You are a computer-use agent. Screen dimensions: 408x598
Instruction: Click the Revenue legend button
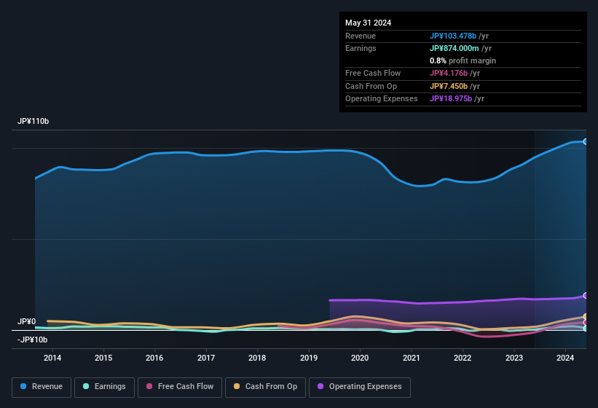point(42,387)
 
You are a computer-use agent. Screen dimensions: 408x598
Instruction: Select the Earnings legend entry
point(105,387)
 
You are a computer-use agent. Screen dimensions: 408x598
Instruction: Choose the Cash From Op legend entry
point(266,387)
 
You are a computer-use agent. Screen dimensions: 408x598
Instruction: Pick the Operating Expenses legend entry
point(360,387)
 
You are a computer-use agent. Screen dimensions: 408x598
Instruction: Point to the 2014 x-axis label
point(52,358)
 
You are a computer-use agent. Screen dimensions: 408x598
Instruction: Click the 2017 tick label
point(206,358)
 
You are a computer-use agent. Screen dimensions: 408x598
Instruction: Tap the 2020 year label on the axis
point(360,358)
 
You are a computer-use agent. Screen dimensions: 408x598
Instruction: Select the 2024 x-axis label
point(564,358)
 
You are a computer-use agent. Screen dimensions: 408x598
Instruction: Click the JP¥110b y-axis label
point(34,121)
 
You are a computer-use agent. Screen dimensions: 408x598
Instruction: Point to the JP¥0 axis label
point(26,321)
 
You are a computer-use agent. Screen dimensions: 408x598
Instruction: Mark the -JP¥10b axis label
point(32,340)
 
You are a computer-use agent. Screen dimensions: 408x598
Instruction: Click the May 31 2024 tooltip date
point(368,23)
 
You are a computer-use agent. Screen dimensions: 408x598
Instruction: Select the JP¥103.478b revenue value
point(453,36)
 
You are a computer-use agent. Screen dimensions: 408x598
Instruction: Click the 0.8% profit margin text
point(463,60)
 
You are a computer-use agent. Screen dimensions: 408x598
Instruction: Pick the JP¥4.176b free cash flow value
point(449,73)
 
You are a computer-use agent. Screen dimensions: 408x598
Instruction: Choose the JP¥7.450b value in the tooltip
point(449,86)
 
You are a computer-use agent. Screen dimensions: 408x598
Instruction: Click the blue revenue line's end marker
point(585,141)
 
